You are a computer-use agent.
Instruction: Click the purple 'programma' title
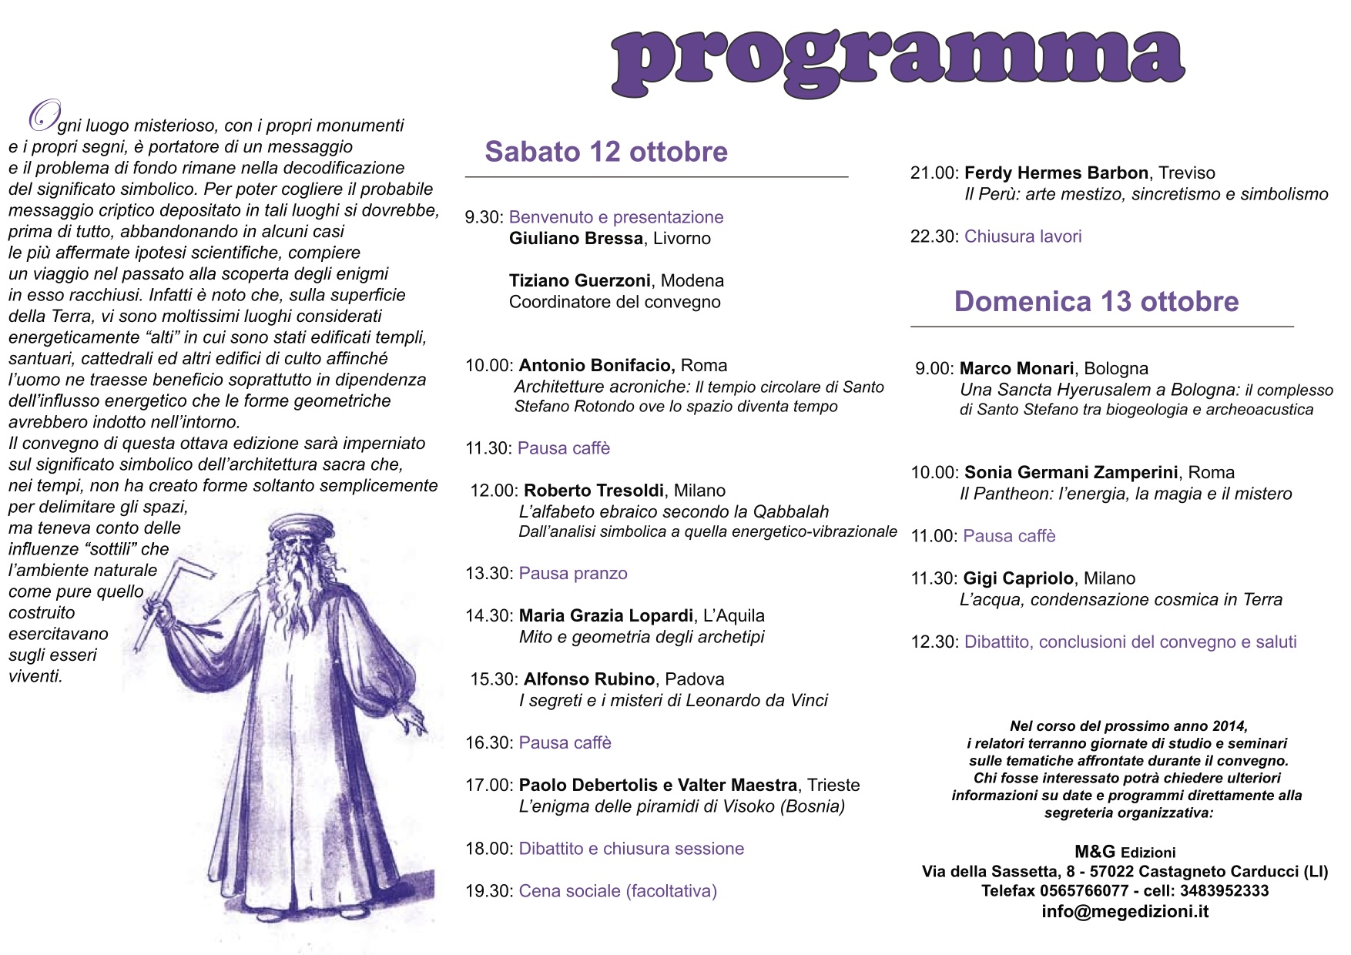[x=897, y=62]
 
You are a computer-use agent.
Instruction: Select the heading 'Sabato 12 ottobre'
[x=605, y=152]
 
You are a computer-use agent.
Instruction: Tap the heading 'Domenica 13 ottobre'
[x=1096, y=301]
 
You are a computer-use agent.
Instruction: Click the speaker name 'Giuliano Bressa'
[x=575, y=239]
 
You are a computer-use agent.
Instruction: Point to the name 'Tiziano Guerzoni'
[x=579, y=281]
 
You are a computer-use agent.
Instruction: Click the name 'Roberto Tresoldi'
[x=593, y=491]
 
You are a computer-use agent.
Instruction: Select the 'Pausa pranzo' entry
[x=573, y=574]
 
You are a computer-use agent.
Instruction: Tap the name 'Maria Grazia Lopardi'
[x=605, y=616]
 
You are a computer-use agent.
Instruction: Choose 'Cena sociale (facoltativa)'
[x=618, y=891]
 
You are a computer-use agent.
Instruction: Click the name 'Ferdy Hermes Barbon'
[x=1056, y=173]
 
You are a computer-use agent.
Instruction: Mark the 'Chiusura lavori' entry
[x=1023, y=236]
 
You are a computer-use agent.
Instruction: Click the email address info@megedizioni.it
[x=1125, y=912]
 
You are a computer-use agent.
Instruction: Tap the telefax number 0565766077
[x=1084, y=891]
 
